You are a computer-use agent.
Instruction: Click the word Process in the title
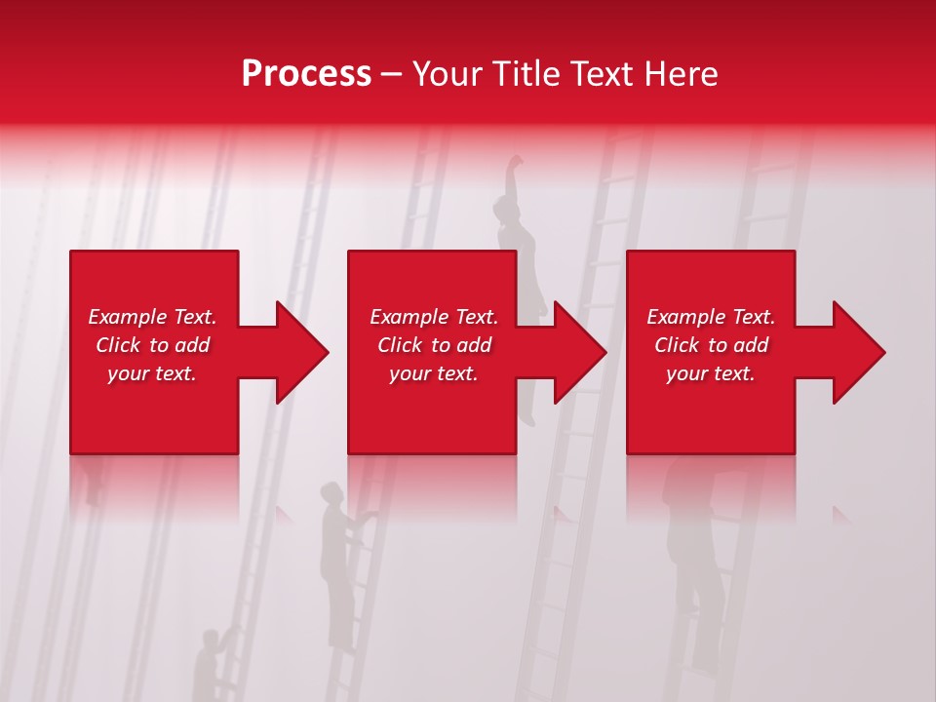coord(306,74)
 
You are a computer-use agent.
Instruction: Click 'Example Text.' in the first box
coord(152,317)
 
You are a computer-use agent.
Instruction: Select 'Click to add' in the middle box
coord(434,345)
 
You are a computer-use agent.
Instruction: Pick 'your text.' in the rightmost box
coord(711,373)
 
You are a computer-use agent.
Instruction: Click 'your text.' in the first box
coord(152,373)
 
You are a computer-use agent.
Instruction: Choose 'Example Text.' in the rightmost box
coord(711,317)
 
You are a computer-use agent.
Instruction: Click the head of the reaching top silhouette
coord(505,207)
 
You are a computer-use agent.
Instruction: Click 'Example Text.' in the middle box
coord(434,317)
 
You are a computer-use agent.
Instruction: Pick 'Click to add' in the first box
coord(152,345)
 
